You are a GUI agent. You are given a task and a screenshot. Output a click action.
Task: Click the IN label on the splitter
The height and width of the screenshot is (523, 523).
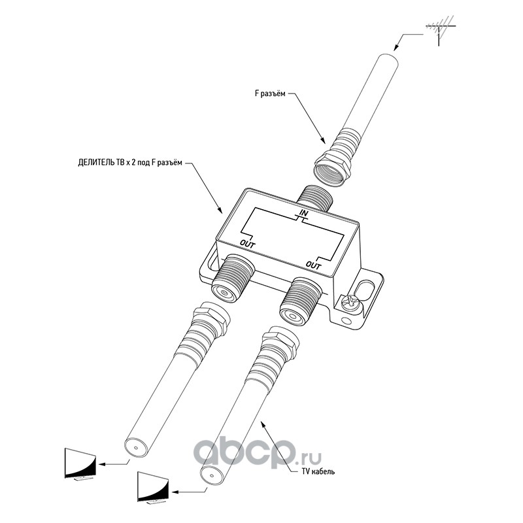click(x=303, y=213)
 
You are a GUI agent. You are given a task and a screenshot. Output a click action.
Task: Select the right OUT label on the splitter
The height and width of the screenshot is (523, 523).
click(x=314, y=265)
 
